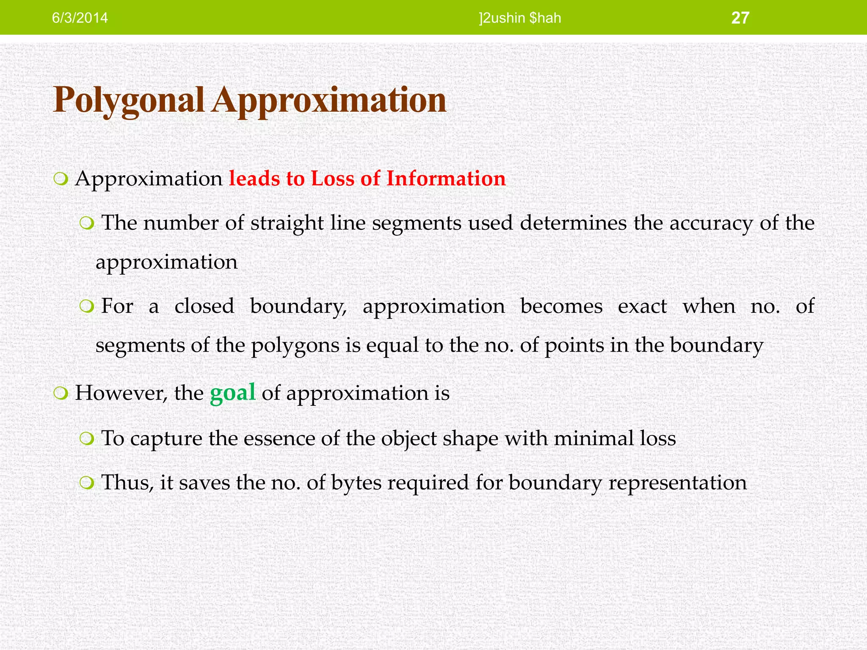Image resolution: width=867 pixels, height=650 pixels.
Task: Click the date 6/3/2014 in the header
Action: (80, 18)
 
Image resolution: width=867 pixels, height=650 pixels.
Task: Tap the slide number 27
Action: (740, 18)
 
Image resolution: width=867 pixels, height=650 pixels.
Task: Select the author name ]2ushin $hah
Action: (520, 18)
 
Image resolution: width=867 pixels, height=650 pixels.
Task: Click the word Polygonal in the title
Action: (129, 101)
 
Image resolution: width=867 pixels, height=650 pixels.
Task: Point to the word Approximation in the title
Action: (329, 101)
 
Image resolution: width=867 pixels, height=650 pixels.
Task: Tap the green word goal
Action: (232, 393)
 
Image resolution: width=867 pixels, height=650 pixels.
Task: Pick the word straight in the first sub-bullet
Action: (287, 223)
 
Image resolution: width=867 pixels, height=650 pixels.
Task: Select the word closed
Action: (204, 306)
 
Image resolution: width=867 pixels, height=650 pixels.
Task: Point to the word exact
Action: (642, 306)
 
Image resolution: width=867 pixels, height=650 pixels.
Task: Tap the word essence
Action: (279, 438)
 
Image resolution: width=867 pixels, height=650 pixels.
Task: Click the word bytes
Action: (356, 483)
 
